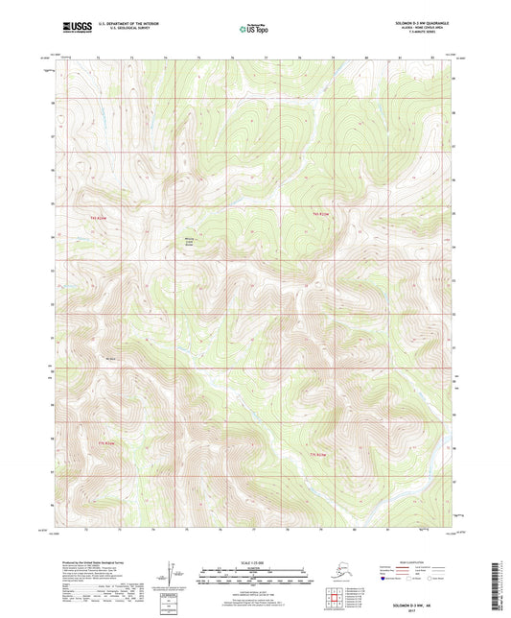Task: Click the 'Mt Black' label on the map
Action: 111,360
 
